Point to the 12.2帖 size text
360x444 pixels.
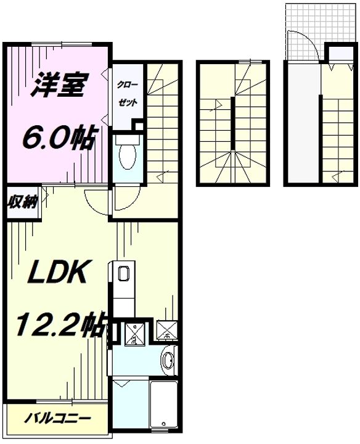59,326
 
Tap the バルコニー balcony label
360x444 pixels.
57,418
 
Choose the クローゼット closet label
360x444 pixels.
129,92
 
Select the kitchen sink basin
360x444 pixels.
122,274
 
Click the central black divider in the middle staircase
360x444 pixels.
233,123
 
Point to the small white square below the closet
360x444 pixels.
139,127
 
